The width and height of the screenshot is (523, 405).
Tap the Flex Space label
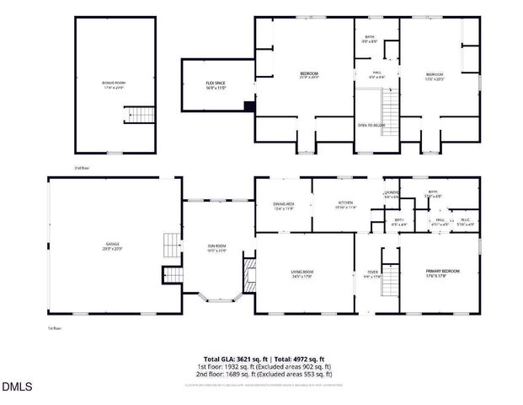click(216, 84)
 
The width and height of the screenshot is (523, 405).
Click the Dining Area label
click(283, 205)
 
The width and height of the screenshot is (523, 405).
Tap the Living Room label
click(303, 273)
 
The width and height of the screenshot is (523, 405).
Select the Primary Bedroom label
click(442, 272)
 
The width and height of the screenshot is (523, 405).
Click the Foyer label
click(372, 273)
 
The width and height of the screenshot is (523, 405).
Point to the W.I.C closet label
click(466, 222)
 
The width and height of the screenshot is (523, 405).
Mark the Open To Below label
click(371, 125)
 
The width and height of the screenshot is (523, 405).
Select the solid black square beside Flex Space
click(248, 106)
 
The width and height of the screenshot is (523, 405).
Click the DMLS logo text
click(18, 387)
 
